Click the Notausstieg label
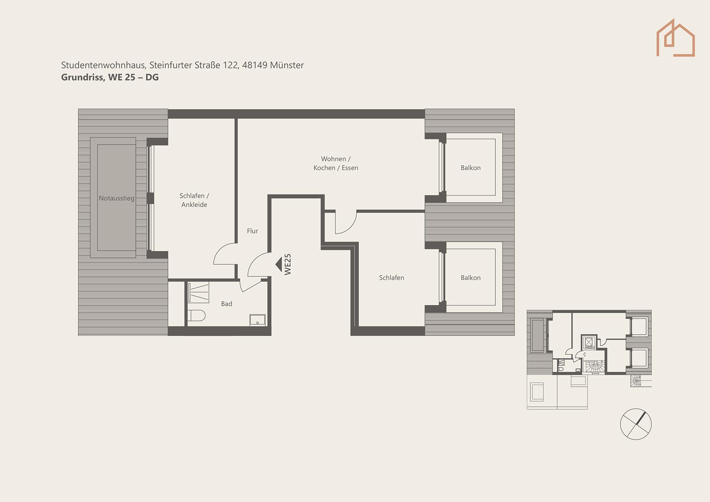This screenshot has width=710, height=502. [116, 198]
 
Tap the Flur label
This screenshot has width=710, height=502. [252, 231]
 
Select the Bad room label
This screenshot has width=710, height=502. [226, 304]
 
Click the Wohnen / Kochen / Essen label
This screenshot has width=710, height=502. [336, 163]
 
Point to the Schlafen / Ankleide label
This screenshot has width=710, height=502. [194, 200]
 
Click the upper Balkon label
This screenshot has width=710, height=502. [471, 168]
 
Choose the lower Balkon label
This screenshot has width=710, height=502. [471, 278]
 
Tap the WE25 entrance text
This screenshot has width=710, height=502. [288, 264]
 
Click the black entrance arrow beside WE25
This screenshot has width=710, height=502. [278, 264]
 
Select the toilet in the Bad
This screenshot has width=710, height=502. [196, 315]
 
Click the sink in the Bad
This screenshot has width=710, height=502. [258, 320]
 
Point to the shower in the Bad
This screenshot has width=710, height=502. [198, 292]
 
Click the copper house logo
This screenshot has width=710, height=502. [676, 37]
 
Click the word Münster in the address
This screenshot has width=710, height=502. [287, 65]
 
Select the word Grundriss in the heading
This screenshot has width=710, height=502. [82, 77]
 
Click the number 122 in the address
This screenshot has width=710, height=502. [231, 65]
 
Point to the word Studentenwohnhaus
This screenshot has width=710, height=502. [104, 65]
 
